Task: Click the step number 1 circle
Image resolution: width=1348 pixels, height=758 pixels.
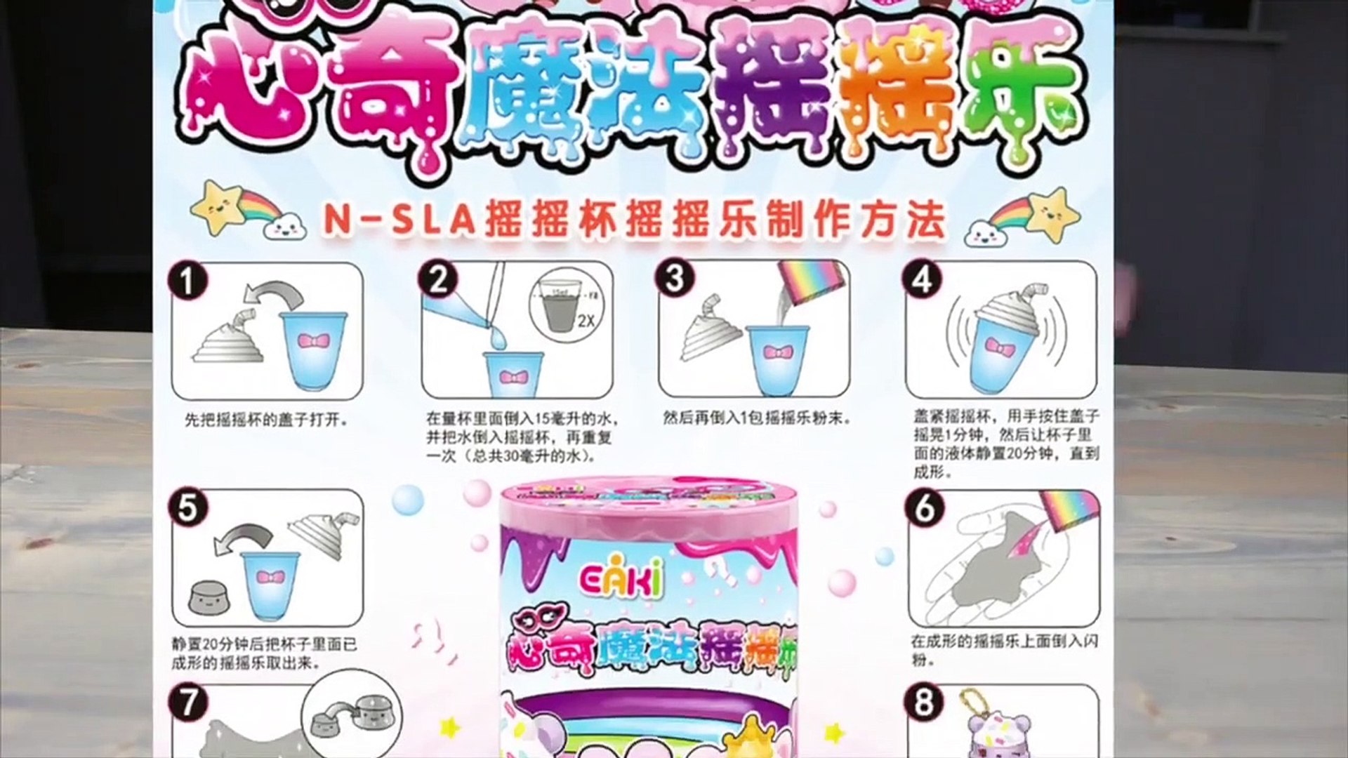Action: point(187,281)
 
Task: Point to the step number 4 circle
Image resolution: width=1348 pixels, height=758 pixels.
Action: point(923,280)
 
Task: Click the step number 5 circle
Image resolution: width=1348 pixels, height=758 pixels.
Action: point(187,507)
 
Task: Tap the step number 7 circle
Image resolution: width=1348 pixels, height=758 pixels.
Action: point(187,703)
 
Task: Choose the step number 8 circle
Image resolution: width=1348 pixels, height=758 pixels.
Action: point(925,703)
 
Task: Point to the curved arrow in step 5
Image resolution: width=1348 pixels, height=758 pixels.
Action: point(243,536)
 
